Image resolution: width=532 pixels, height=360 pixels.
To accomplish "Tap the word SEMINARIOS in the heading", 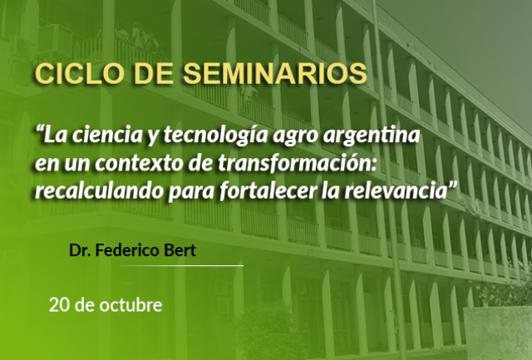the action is (x=275, y=74).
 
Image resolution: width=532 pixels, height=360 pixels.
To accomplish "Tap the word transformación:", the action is (x=298, y=163).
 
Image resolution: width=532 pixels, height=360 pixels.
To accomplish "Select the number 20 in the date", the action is (x=59, y=305).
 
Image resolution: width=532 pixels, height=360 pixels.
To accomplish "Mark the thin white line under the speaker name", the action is (x=181, y=266).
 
